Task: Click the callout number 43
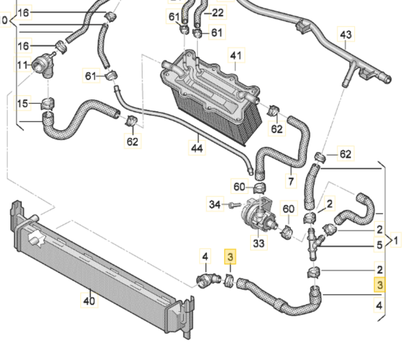pyautogui.click(x=346, y=35)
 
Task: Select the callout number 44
pyautogui.click(x=197, y=148)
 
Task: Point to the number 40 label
pyautogui.click(x=89, y=300)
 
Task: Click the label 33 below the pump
pyautogui.click(x=259, y=243)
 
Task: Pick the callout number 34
pyautogui.click(x=215, y=204)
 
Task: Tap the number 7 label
pyautogui.click(x=290, y=181)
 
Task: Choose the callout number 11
pyautogui.click(x=22, y=65)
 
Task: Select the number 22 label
pyautogui.click(x=218, y=12)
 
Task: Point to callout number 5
pyautogui.click(x=379, y=244)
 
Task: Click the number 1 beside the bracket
pyautogui.click(x=396, y=241)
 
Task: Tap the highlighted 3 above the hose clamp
pyautogui.click(x=230, y=257)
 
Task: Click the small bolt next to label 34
pyautogui.click(x=231, y=206)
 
